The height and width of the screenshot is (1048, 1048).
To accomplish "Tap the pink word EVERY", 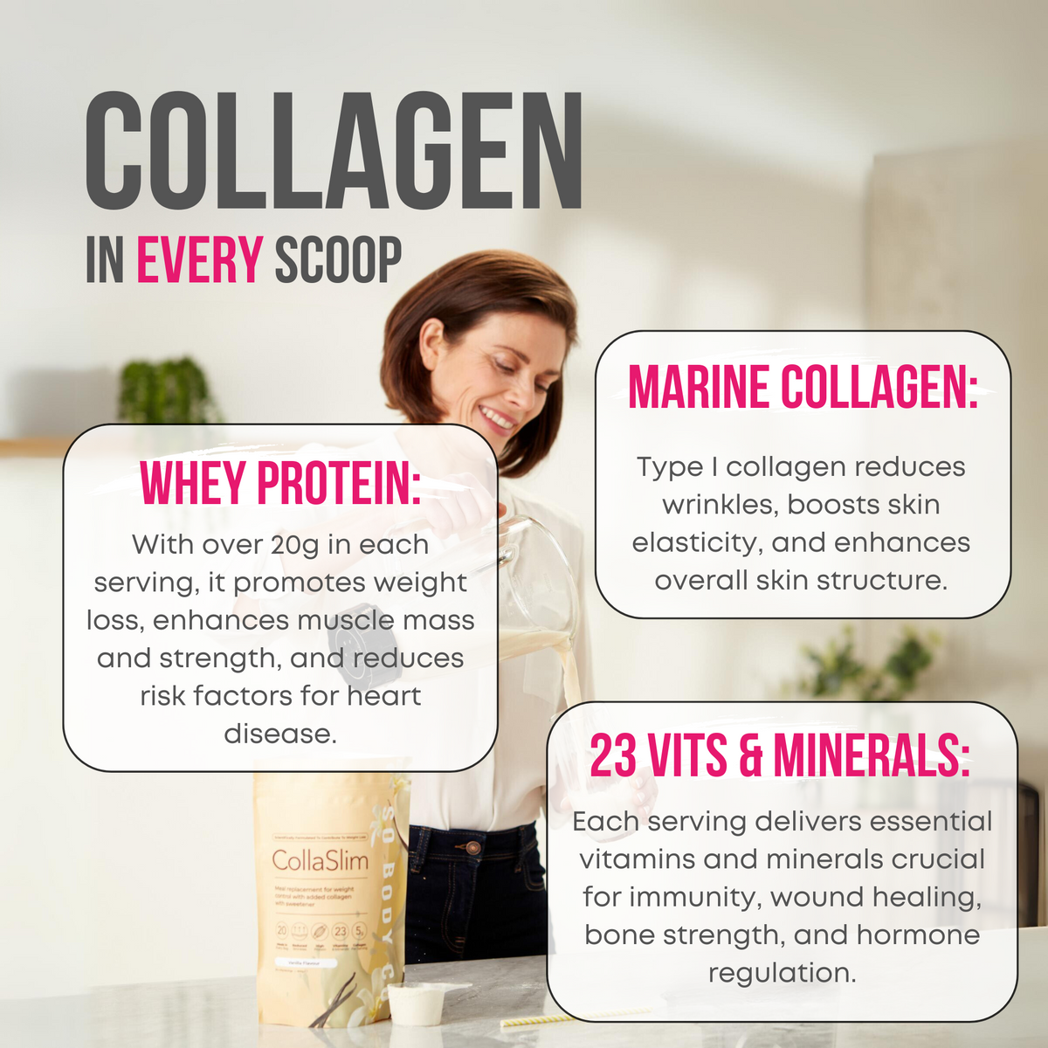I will pyautogui.click(x=199, y=259).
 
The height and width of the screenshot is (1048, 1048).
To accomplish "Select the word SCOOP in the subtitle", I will pyautogui.click(x=338, y=259).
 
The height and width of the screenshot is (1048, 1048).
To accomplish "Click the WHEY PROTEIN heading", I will pyautogui.click(x=280, y=483).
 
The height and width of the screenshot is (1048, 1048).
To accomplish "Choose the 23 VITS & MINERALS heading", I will pyautogui.click(x=780, y=755).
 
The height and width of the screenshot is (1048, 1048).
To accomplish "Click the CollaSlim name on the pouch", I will pyautogui.click(x=321, y=861).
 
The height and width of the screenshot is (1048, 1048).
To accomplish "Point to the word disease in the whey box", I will pyautogui.click(x=279, y=734).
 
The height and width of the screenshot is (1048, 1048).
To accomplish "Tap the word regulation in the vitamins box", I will pyautogui.click(x=782, y=973).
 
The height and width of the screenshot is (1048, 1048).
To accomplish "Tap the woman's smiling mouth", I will pyautogui.click(x=498, y=419).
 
